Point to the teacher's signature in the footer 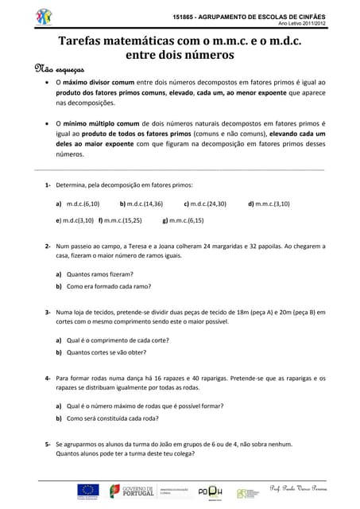click(x=296, y=488)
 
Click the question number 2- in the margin click(x=48, y=246)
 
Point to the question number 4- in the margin click(x=48, y=378)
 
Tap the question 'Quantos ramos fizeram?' click(x=99, y=274)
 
